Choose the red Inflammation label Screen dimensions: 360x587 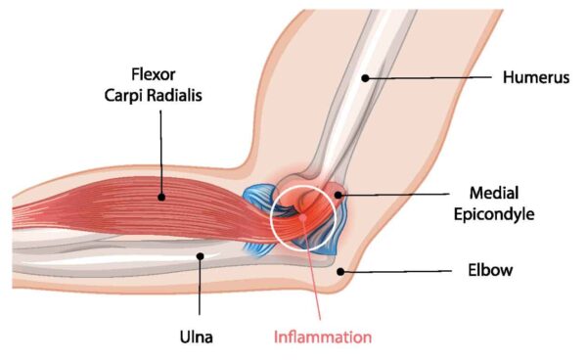pos(323,337)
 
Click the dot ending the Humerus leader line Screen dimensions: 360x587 pos(364,77)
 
